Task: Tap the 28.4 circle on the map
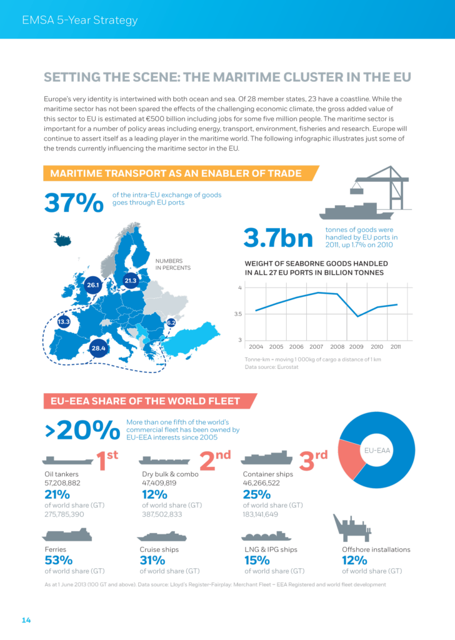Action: point(99,347)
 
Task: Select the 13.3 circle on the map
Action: point(64,322)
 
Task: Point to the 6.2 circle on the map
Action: point(171,322)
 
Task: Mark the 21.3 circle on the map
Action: point(130,281)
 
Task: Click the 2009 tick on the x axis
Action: point(356,346)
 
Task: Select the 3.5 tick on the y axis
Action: point(238,314)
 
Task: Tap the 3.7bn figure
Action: point(277,238)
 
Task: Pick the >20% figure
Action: point(82,430)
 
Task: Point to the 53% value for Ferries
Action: point(58,560)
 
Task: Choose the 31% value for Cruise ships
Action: point(152,560)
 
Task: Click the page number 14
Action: point(26,620)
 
